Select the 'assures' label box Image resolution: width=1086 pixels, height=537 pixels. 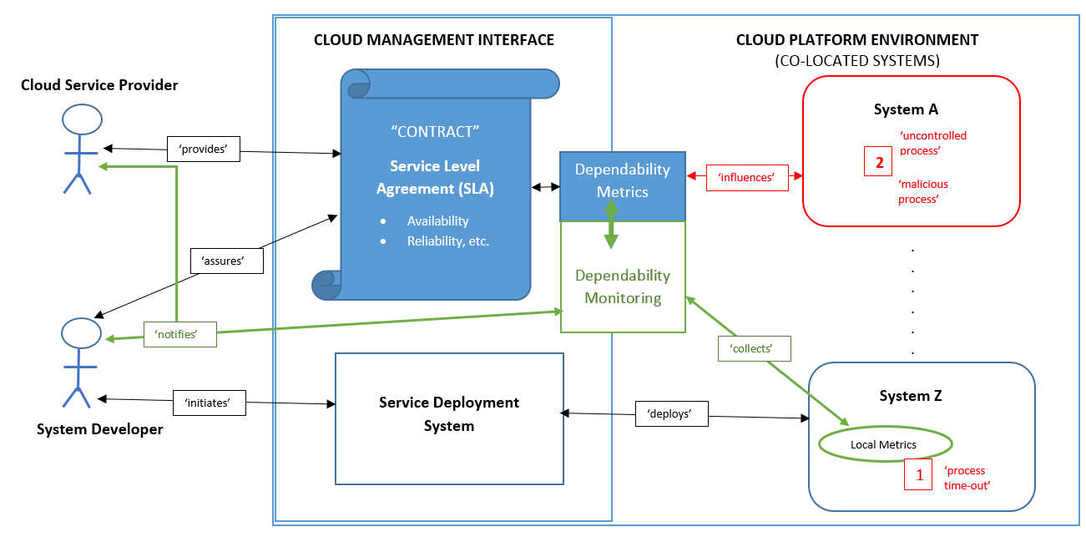[227, 261]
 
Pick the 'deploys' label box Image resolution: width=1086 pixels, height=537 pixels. [672, 414]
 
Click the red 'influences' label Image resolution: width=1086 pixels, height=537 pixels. [748, 178]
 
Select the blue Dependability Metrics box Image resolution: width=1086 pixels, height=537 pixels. [623, 180]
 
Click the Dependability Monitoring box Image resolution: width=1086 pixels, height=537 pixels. [623, 286]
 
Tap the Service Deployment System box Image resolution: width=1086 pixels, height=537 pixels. [449, 418]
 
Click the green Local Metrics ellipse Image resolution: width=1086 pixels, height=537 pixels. [883, 444]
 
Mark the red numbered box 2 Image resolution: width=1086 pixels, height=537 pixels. [879, 162]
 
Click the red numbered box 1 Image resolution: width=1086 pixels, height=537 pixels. [919, 475]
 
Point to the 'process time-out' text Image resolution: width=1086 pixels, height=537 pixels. [967, 477]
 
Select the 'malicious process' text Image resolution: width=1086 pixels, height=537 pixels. [923, 192]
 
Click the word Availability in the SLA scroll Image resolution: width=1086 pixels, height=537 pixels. [437, 221]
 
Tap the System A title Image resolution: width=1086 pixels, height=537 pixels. [906, 109]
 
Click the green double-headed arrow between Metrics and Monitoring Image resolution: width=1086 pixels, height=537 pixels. [611, 225]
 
